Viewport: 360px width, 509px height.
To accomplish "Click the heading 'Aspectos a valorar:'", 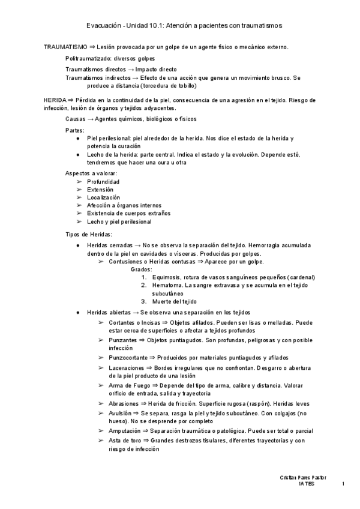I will point(91,173).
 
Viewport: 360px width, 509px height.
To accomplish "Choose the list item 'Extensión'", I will point(100,189).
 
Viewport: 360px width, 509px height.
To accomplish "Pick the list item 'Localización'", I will point(103,197).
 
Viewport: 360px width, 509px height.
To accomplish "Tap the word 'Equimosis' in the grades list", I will point(166,277).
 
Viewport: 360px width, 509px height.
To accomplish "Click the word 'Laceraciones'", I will point(127,367).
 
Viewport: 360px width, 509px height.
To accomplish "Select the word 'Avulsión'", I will point(121,414).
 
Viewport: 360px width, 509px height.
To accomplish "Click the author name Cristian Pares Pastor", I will point(302,477).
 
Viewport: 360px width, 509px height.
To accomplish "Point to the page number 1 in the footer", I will point(343,484).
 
